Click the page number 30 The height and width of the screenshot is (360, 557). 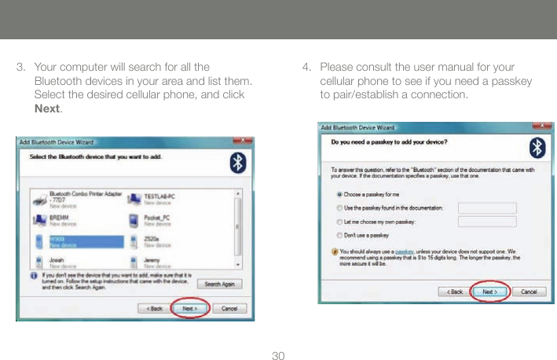click(278, 356)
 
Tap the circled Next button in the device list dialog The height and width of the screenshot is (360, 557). click(189, 309)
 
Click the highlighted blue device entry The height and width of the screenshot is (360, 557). click(79, 242)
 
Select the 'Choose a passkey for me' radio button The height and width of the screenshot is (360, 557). click(339, 193)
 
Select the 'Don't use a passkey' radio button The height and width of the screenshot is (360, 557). click(339, 235)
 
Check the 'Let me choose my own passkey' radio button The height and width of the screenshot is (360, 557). click(339, 221)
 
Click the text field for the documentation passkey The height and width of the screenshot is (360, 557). click(486, 208)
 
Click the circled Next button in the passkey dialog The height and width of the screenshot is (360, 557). click(489, 292)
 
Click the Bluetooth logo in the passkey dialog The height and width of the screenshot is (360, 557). click(536, 149)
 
